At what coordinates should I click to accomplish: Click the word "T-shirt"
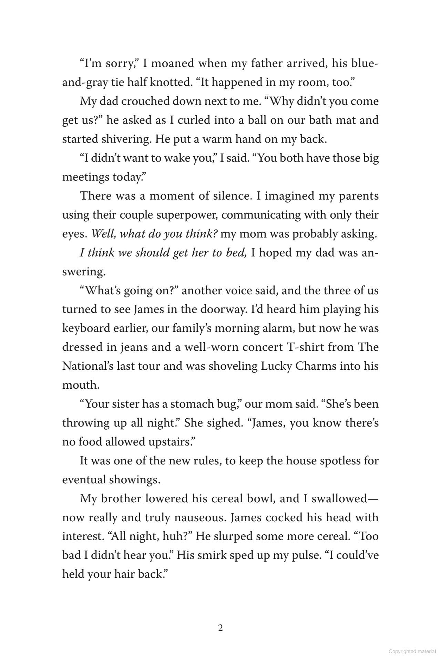(x=305, y=347)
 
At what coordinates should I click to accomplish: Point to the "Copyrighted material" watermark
(x=412, y=651)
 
